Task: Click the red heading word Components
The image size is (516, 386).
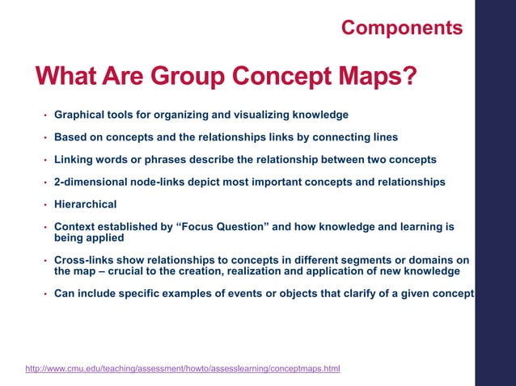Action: [402, 28]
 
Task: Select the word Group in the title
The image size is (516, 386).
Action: [188, 78]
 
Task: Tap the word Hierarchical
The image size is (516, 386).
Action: [86, 204]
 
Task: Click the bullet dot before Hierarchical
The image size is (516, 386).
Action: [45, 205]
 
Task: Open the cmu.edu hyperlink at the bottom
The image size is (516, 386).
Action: [183, 369]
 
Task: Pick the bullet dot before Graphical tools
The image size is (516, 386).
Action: [45, 115]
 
